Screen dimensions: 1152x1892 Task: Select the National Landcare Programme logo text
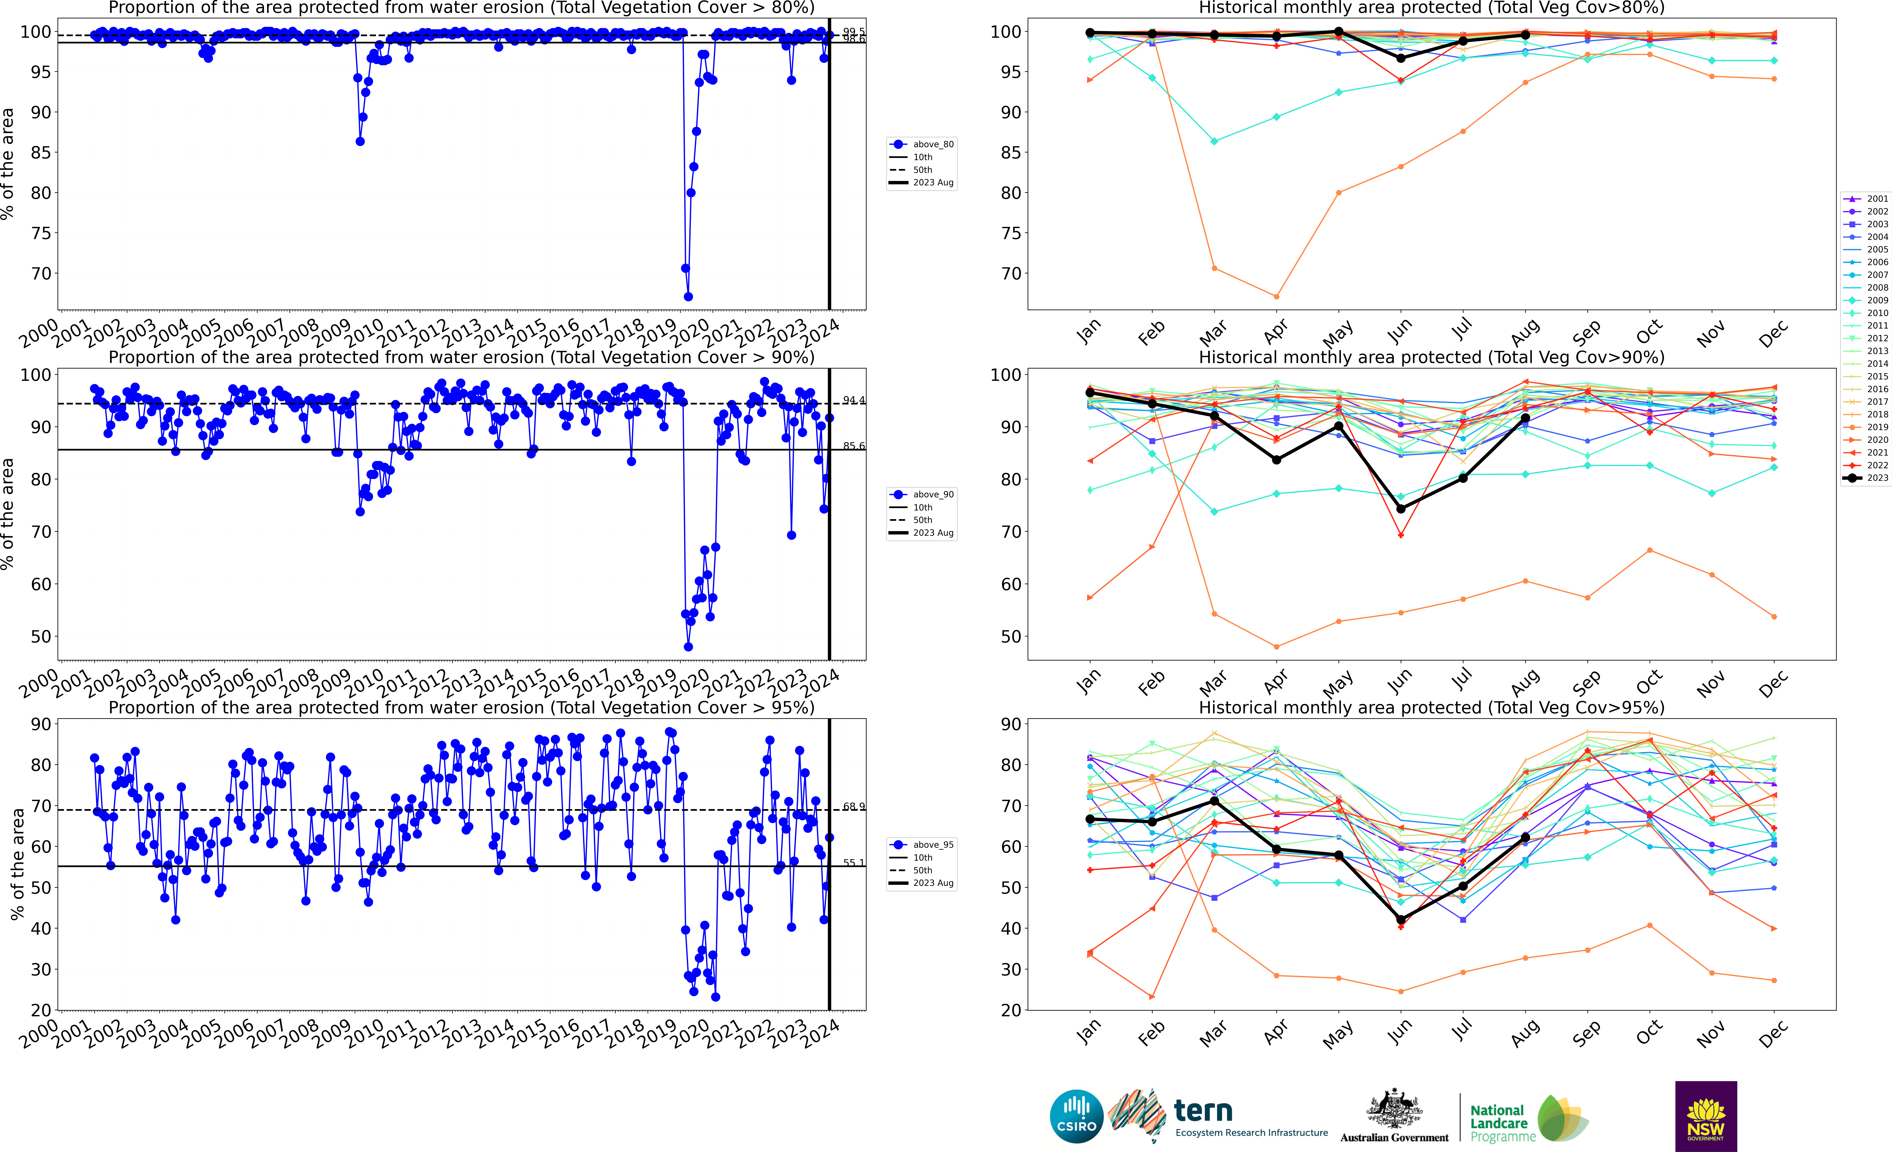tap(1502, 1123)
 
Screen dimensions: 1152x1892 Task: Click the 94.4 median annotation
tap(853, 400)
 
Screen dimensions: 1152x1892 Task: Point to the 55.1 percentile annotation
tap(853, 862)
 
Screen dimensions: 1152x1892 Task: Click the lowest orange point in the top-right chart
tap(1276, 296)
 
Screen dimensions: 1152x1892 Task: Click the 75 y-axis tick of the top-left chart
tap(40, 233)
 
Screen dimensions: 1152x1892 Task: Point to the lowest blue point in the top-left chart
tap(688, 296)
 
